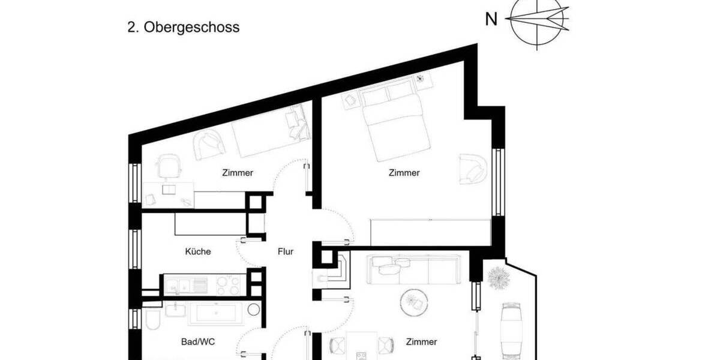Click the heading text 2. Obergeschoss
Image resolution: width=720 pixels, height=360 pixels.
[184, 28]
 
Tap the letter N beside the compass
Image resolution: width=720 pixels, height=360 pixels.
[491, 20]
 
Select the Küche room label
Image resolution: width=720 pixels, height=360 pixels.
[198, 251]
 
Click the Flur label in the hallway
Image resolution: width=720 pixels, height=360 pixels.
[286, 251]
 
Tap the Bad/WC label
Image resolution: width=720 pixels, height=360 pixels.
[198, 342]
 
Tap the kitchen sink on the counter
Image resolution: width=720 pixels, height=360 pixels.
[178, 284]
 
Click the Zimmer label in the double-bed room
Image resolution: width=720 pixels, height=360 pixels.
[404, 173]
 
